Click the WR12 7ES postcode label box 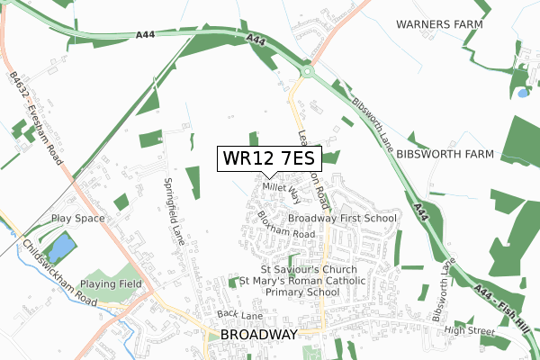(x=268, y=158)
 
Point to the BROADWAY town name (x=258, y=334)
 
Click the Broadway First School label (x=342, y=218)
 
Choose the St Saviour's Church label (x=309, y=269)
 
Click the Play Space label (x=78, y=218)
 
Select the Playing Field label (x=111, y=283)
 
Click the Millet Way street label (x=285, y=188)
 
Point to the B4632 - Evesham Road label (x=40, y=117)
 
